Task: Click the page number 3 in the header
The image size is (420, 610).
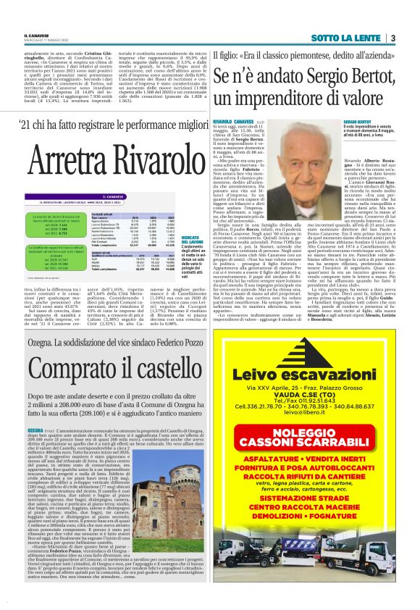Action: point(392,38)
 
